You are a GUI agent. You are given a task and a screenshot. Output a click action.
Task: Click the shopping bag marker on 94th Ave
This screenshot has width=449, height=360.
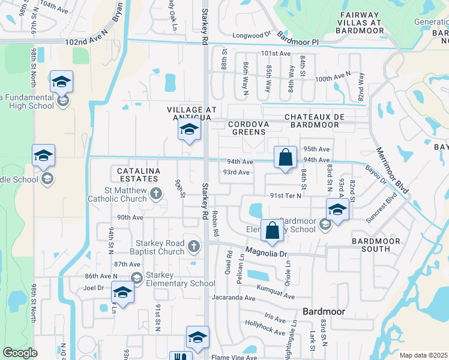coord(286,158)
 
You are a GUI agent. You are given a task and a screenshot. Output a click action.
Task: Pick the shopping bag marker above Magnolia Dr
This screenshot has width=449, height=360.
coord(272,230)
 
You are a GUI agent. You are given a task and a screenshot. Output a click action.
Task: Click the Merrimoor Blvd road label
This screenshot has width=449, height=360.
coord(393,171)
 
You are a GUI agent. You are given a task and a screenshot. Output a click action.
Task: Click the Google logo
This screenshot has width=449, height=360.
coord(20,353)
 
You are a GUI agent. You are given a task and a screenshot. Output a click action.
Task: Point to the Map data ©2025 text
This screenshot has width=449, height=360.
coord(424,355)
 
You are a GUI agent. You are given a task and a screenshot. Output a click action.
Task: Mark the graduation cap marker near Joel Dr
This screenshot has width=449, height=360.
coord(122,293)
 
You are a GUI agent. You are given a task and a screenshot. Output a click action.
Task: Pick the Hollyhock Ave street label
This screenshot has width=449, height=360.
coord(265,328)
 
